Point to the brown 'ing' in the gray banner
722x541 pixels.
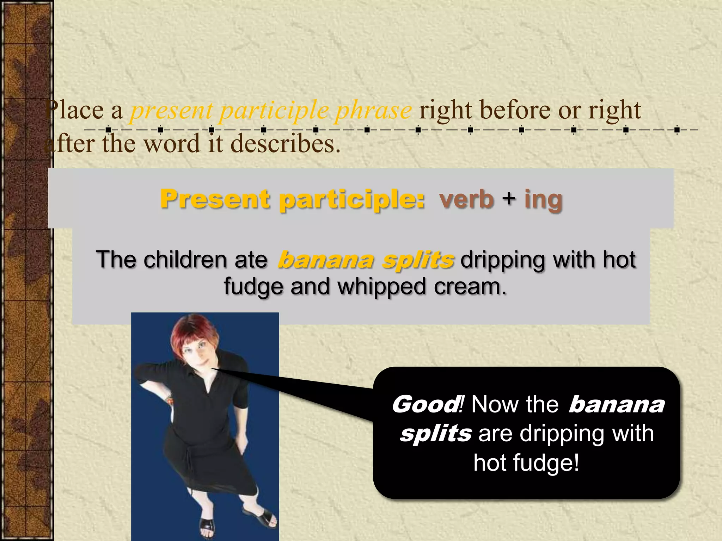[543, 200]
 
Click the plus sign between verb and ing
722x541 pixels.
[509, 198]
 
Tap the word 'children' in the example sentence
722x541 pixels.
[185, 260]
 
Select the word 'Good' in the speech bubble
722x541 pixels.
[425, 404]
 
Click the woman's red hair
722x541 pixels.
[192, 331]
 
